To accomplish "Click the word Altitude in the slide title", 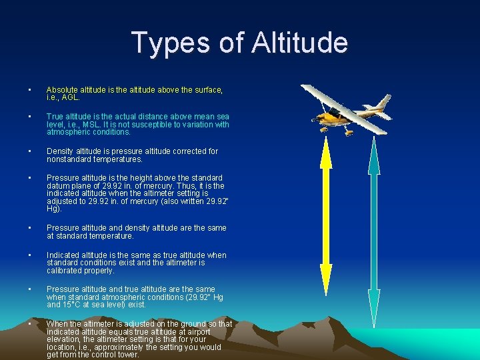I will point(301,43).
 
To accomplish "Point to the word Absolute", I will point(62,89).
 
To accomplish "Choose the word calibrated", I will point(66,271).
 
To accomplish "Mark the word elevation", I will point(65,339).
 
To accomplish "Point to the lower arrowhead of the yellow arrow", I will point(326,273).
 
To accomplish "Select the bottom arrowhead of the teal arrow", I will point(374,313).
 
